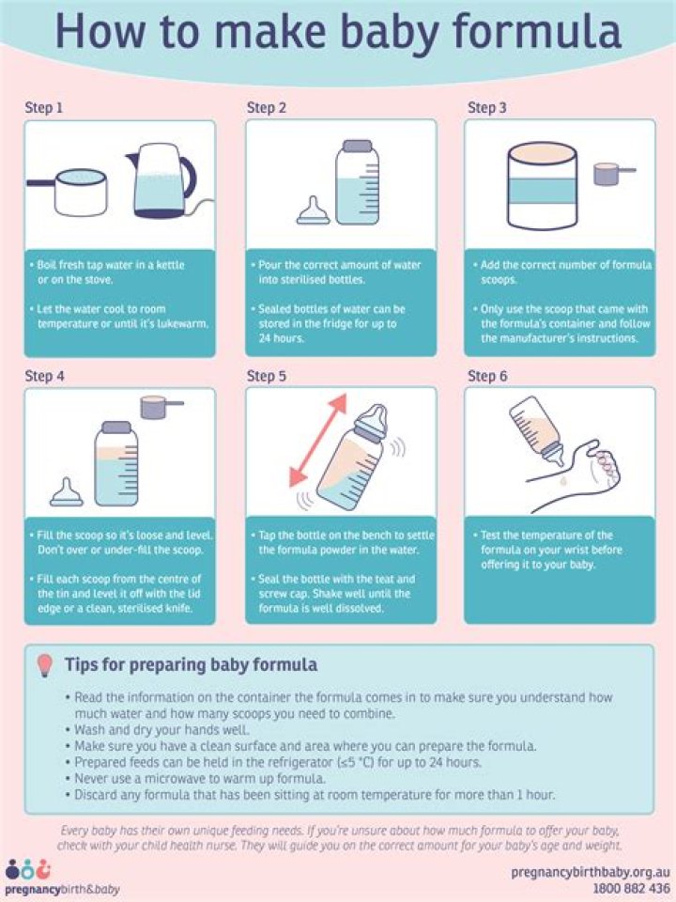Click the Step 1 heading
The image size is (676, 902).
point(44,107)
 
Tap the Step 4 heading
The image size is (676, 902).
point(44,376)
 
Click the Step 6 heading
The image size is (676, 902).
point(487,376)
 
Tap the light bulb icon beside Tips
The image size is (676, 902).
point(43,665)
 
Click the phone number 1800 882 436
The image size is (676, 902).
point(631,888)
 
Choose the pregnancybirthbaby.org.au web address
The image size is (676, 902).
point(591,872)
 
